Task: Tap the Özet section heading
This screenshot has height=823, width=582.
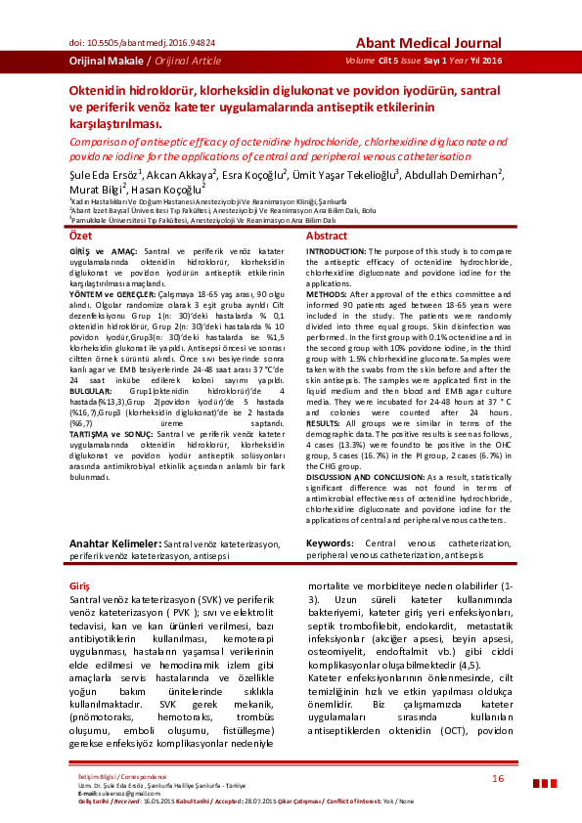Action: point(80,237)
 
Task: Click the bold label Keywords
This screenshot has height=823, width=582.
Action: point(333,542)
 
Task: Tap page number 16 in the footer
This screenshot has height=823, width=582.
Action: point(498,778)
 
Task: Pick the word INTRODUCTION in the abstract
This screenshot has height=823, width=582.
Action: point(337,252)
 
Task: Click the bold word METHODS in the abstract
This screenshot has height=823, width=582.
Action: point(326,292)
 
